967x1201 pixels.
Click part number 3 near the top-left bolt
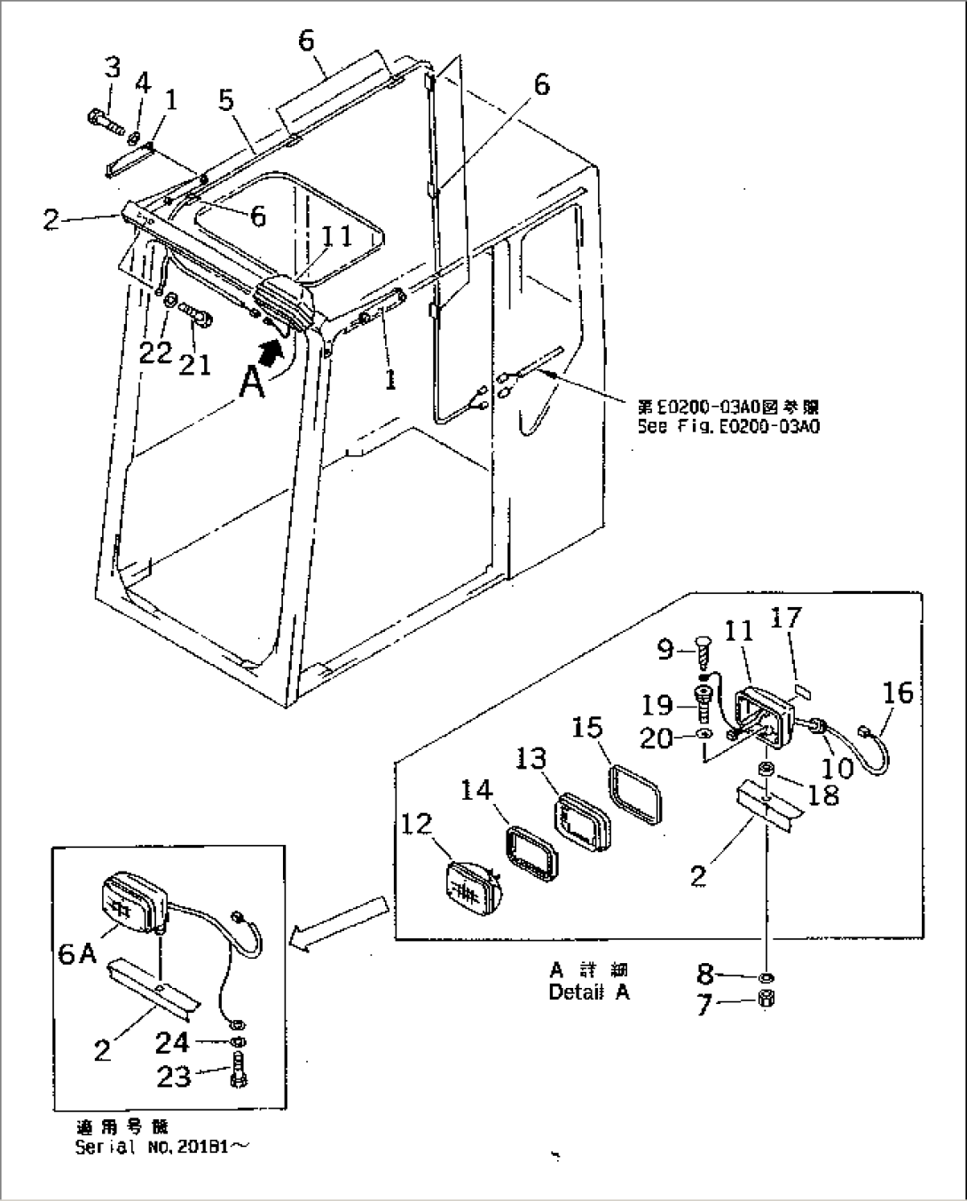pyautogui.click(x=112, y=67)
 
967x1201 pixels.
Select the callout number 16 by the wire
pyautogui.click(x=898, y=692)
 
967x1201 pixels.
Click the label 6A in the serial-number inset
pyautogui.click(x=79, y=952)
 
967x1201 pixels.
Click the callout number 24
pyautogui.click(x=172, y=1043)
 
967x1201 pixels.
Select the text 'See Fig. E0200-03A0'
pyautogui.click(x=727, y=427)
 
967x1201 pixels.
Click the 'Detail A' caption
pyautogui.click(x=589, y=993)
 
